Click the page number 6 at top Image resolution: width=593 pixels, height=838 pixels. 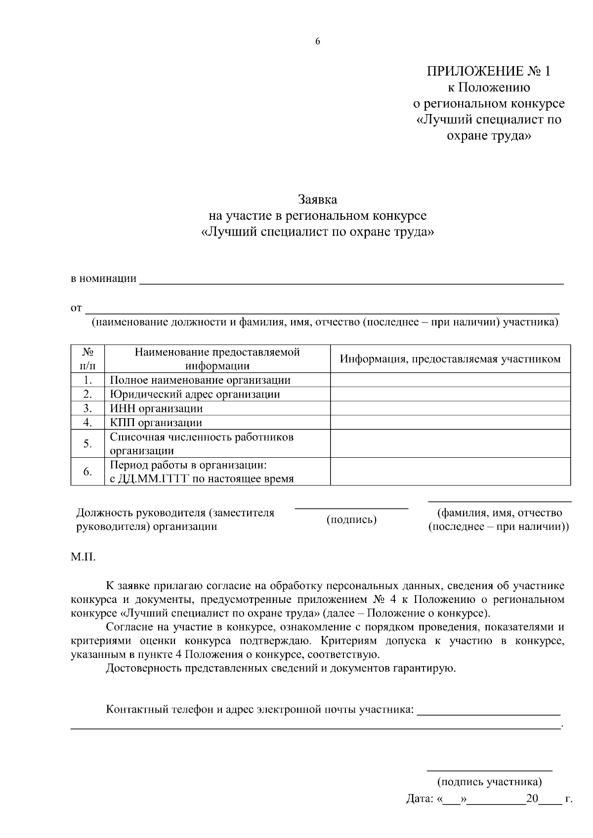[x=318, y=41]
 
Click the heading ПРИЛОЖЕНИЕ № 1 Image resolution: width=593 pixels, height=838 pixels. [x=488, y=72]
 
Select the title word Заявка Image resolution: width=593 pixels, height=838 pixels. [x=317, y=200]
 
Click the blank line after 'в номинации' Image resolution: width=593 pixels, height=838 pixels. [x=351, y=280]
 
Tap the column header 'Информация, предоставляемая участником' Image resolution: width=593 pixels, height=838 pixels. [x=450, y=359]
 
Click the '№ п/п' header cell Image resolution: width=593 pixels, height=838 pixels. [x=87, y=359]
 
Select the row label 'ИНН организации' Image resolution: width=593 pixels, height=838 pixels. [x=156, y=408]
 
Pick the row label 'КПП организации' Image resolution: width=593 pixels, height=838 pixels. [x=156, y=423]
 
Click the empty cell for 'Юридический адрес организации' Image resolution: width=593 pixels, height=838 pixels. [x=450, y=394]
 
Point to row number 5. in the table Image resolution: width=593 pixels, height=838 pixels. [x=87, y=443]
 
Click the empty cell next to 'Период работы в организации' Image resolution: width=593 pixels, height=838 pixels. [x=450, y=472]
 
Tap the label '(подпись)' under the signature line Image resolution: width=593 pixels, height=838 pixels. [x=352, y=519]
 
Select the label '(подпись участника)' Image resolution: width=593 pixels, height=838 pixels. [x=489, y=782]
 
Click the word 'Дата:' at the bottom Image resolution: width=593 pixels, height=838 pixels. [x=420, y=798]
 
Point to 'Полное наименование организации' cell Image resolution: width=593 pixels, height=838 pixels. [x=200, y=380]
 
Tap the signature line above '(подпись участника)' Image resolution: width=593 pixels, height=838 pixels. [x=489, y=769]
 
